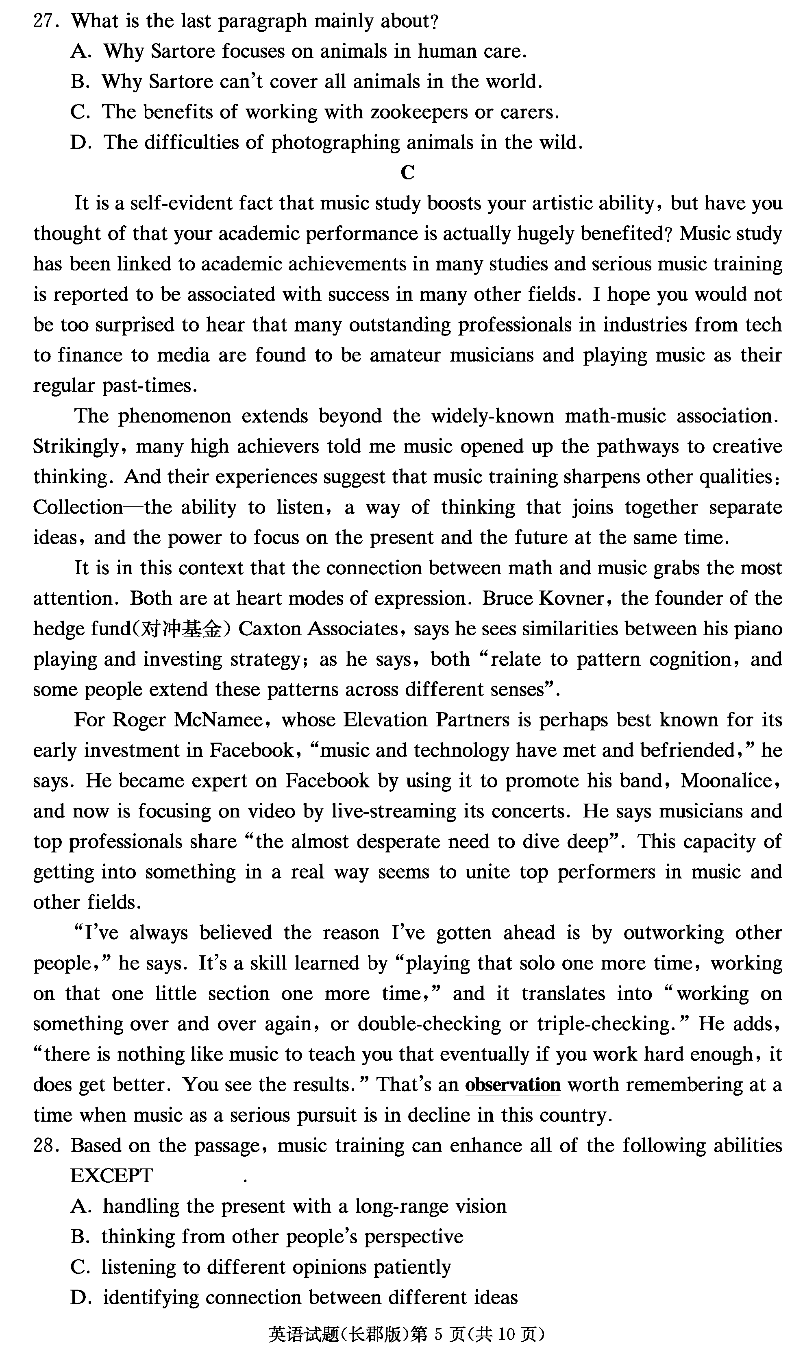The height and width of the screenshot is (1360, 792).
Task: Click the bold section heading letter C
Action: click(407, 173)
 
